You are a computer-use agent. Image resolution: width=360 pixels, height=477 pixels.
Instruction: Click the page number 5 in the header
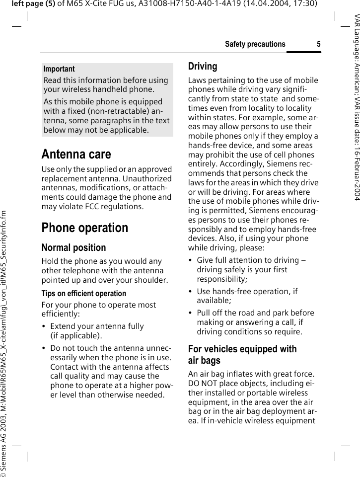pos(318,44)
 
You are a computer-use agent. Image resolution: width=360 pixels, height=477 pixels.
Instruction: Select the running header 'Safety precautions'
pos(255,44)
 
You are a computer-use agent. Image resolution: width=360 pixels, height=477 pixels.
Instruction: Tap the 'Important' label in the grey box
pos(59,69)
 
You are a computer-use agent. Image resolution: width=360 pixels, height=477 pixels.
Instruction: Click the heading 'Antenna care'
pos(76,154)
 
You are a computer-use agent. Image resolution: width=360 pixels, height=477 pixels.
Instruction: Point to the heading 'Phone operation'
pos(84,228)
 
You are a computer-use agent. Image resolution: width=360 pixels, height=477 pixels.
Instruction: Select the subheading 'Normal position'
pos(73,247)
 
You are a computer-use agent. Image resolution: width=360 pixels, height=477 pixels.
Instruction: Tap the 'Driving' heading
pos(203,67)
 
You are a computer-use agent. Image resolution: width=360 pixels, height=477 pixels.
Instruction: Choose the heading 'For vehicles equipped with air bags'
pos(242,355)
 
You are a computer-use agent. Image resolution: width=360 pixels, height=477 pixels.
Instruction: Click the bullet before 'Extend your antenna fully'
pos(44,326)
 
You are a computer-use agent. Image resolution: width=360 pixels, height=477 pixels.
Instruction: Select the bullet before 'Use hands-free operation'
pos(191,292)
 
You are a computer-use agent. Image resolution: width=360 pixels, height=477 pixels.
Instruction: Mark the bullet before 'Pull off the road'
pos(191,313)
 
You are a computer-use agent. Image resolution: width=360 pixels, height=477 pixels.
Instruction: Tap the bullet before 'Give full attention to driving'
pos(191,260)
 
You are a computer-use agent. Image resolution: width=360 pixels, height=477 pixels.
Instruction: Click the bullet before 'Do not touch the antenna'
pos(44,348)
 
